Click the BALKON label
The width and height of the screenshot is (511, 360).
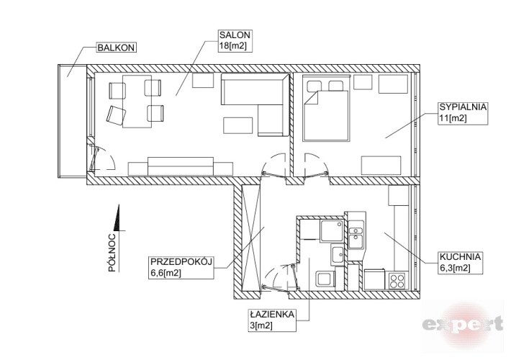[116, 48]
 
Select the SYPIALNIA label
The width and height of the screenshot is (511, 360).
[463, 107]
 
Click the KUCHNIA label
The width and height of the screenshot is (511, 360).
[460, 256]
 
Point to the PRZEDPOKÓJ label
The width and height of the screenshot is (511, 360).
[181, 261]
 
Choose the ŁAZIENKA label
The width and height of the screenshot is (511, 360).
[272, 315]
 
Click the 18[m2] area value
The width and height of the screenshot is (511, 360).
[232, 46]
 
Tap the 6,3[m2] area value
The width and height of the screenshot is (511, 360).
[455, 268]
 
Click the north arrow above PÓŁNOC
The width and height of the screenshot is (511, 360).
[118, 218]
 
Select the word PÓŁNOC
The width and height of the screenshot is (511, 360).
[112, 253]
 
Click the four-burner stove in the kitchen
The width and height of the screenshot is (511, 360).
[397, 281]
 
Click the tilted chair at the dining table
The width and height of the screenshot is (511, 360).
[116, 114]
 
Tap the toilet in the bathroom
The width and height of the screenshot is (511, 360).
[325, 279]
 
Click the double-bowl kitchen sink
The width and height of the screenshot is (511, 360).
[356, 235]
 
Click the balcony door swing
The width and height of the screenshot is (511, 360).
[101, 159]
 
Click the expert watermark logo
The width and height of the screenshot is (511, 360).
[462, 324]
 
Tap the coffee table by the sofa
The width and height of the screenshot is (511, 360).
[238, 125]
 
